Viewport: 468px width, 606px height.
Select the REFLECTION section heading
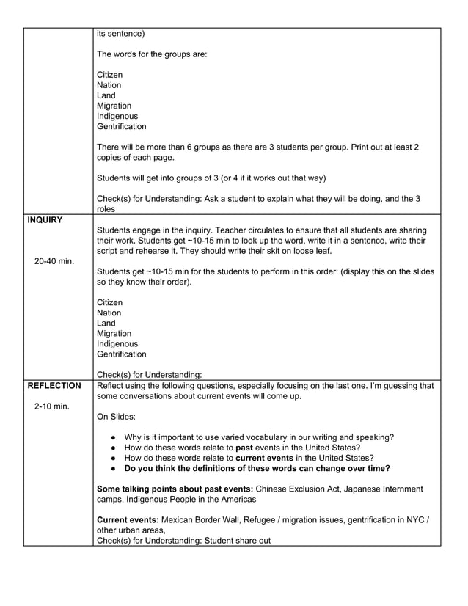pyautogui.click(x=54, y=385)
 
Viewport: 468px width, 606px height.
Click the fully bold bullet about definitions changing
pyautogui.click(x=257, y=468)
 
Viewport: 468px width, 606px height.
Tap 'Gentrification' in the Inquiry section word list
pyautogui.click(x=121, y=354)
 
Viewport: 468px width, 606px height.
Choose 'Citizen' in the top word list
pyautogui.click(x=110, y=75)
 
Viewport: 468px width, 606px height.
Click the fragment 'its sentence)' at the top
pyautogui.click(x=121, y=34)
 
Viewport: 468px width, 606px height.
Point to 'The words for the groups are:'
pyautogui.click(x=153, y=54)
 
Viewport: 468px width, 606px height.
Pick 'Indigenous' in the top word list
pyautogui.click(x=117, y=116)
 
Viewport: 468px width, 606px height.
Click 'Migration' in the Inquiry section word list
pyautogui.click(x=114, y=334)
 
